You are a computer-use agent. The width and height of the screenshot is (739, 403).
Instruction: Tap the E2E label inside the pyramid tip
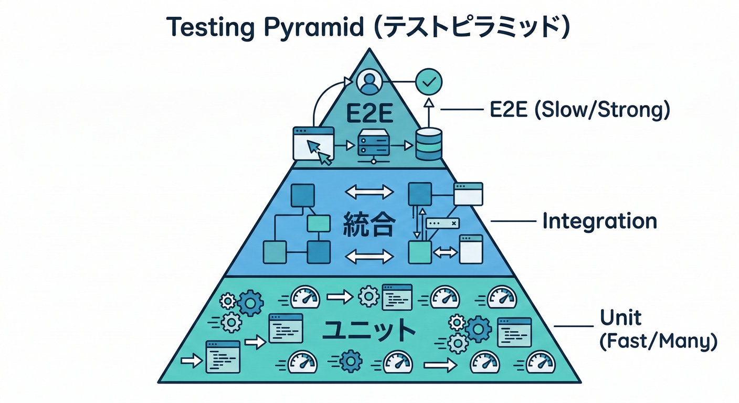pyautogui.click(x=369, y=112)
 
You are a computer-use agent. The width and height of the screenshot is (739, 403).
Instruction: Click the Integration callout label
pyautogui.click(x=599, y=221)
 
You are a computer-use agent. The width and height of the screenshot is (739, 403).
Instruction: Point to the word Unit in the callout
pyautogui.click(x=620, y=317)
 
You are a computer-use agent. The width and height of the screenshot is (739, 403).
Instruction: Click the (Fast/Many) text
pyautogui.click(x=658, y=342)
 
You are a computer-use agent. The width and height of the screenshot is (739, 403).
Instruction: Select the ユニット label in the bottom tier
pyautogui.click(x=368, y=330)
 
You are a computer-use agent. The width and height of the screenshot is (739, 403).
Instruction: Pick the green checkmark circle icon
pyautogui.click(x=429, y=82)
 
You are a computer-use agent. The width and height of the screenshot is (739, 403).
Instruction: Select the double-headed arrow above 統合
pyautogui.click(x=369, y=192)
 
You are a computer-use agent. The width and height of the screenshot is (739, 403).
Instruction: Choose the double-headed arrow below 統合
pyautogui.click(x=369, y=257)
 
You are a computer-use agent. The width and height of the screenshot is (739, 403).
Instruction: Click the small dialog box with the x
pyautogui.click(x=442, y=224)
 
